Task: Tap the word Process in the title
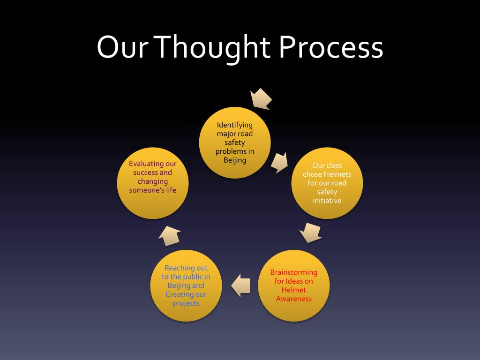coord(331,48)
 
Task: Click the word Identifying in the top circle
coord(235,125)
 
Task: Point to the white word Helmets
coord(337,174)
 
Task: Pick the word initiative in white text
coord(327,201)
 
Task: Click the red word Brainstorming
coord(294,272)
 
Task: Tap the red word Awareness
coord(294,299)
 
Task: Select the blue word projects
coord(186,303)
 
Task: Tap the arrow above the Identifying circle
coord(262,98)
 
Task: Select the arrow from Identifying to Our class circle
coord(280,162)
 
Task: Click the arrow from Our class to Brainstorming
coord(310,232)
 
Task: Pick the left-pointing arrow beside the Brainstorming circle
coord(241,285)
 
